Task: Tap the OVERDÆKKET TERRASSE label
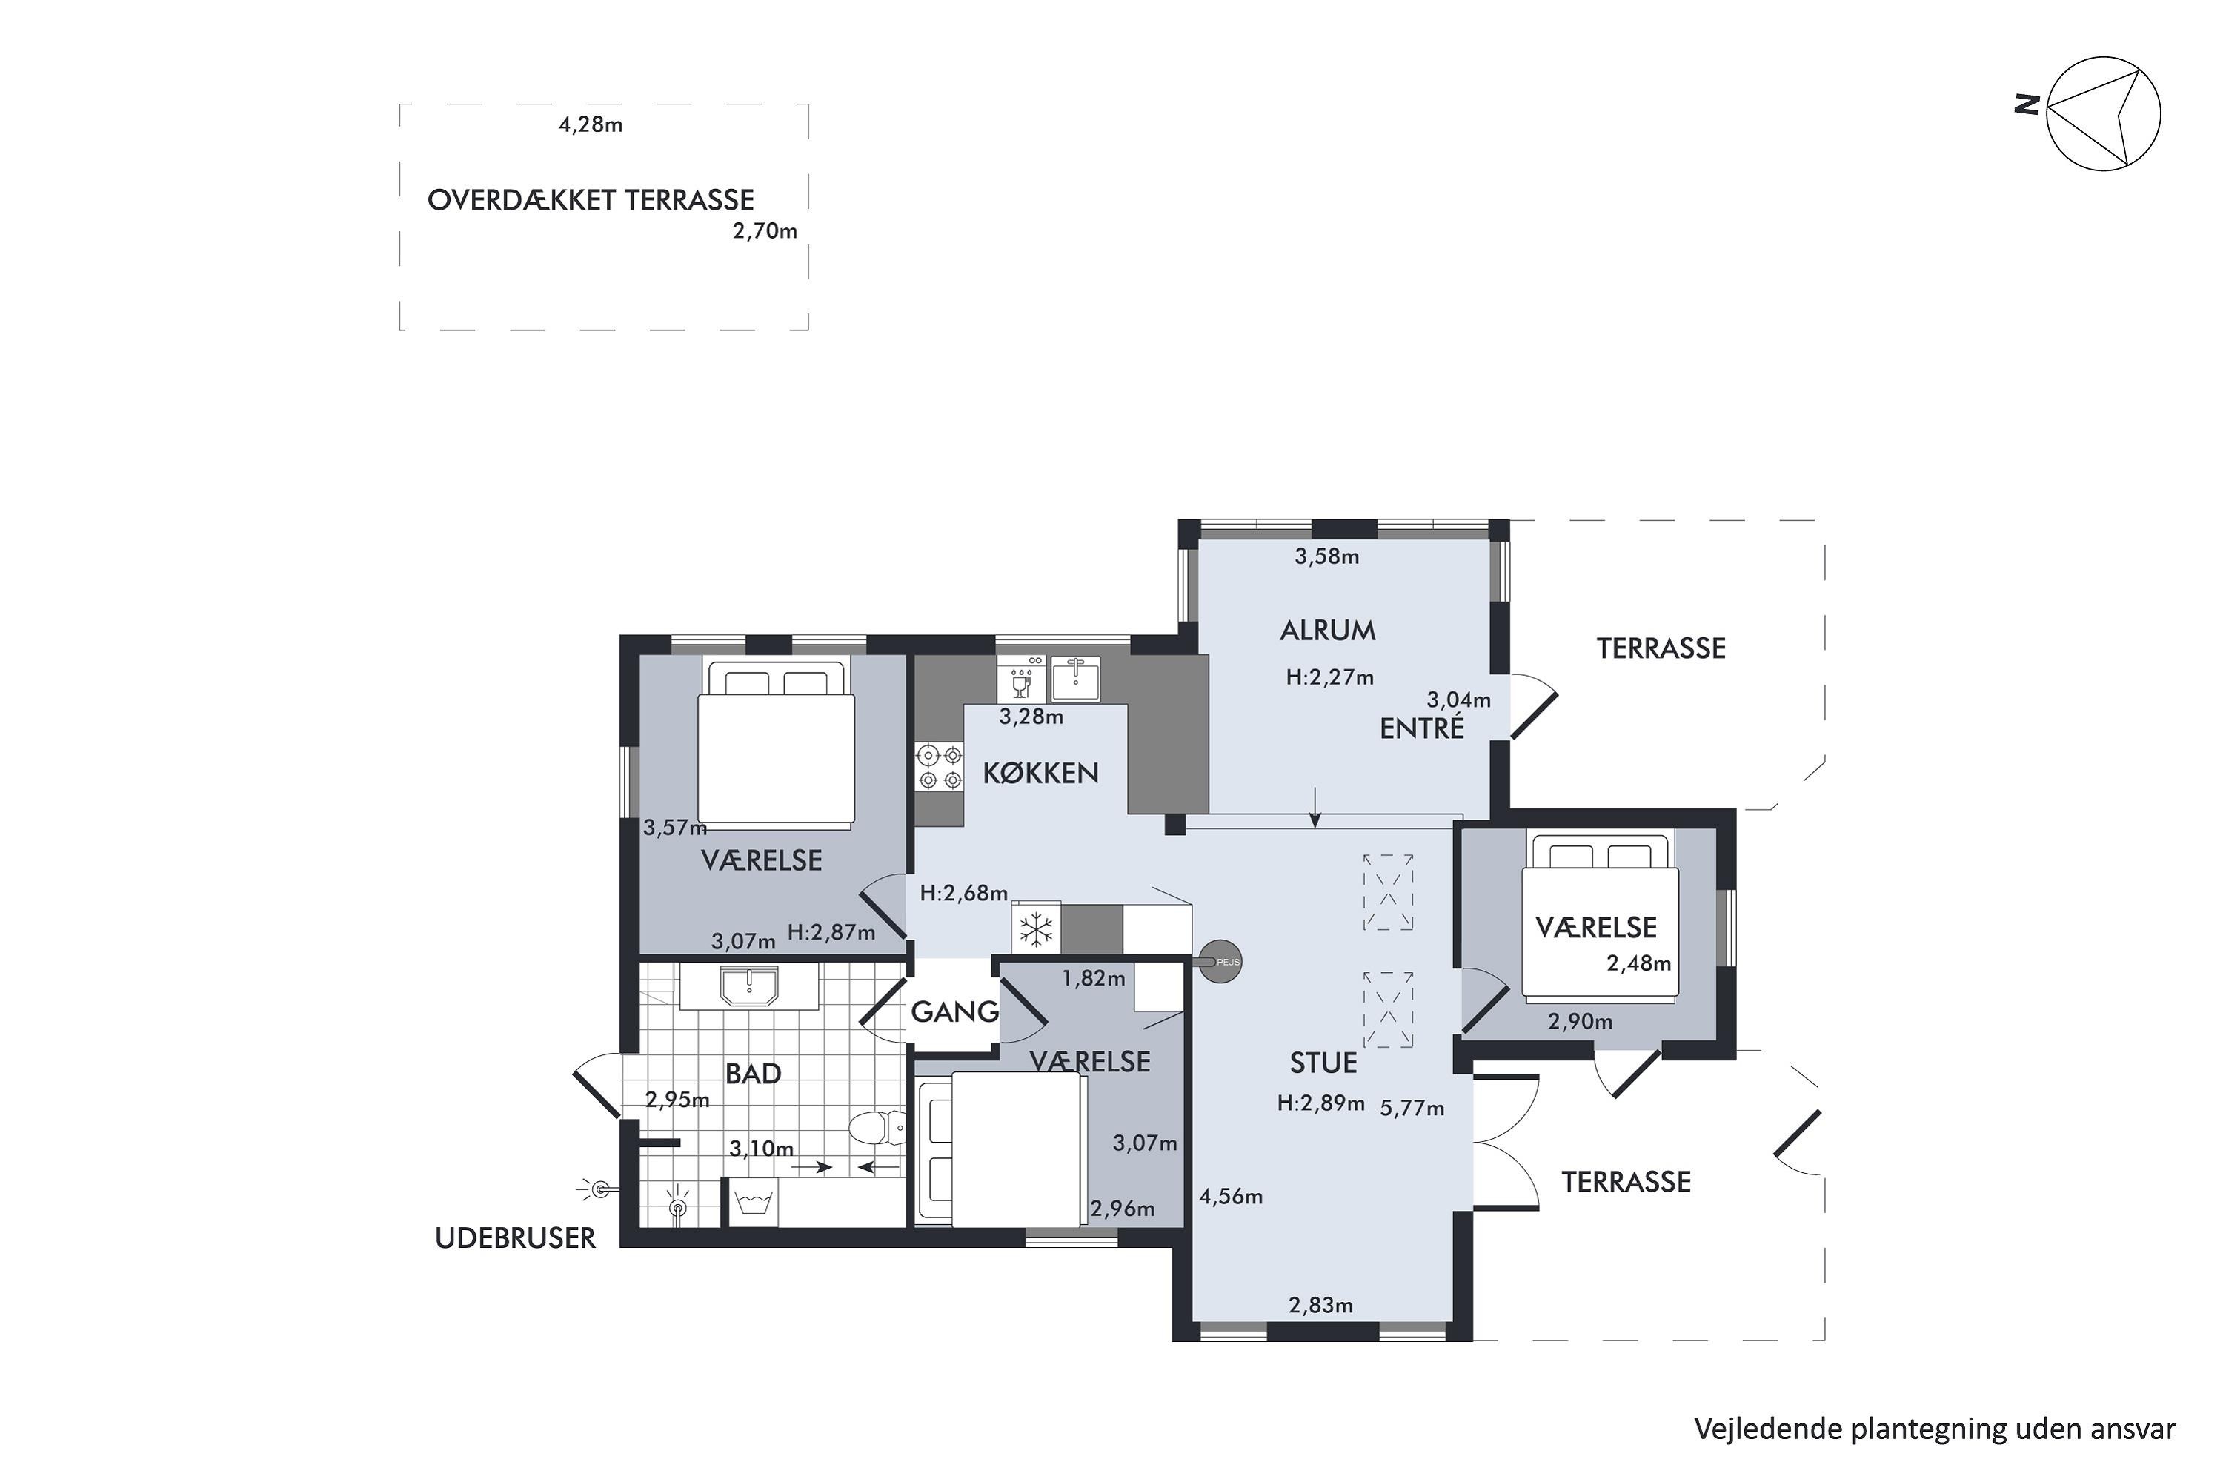(x=591, y=200)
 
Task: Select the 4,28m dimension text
(x=591, y=124)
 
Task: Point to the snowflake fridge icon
(x=1036, y=929)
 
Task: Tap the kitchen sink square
(x=1076, y=678)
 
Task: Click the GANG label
(x=954, y=1012)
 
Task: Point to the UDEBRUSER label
(x=515, y=1238)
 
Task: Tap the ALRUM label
(x=1328, y=631)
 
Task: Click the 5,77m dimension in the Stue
(x=1412, y=1108)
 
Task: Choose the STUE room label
(x=1323, y=1063)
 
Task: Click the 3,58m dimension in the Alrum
(x=1327, y=556)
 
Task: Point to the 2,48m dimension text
(x=1639, y=964)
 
